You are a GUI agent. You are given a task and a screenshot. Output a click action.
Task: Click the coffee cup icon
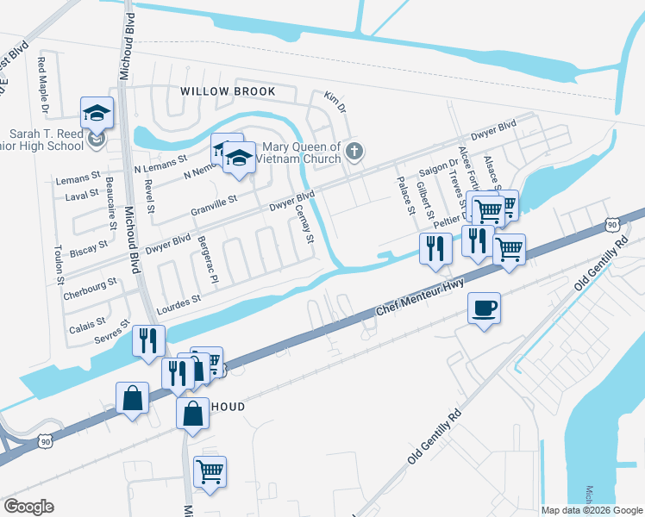coord(485,307)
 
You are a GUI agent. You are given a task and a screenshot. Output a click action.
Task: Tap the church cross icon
coord(353,153)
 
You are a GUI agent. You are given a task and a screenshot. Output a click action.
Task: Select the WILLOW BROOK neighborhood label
coord(228,91)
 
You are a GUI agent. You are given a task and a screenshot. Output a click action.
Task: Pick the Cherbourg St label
coord(90,289)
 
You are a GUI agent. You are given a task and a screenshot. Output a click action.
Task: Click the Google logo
coord(28,507)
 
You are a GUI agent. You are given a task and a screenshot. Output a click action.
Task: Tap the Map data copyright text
coord(592,510)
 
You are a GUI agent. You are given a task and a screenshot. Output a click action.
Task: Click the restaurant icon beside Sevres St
coord(148,340)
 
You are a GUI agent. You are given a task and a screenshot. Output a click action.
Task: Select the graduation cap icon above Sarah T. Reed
coord(97,112)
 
